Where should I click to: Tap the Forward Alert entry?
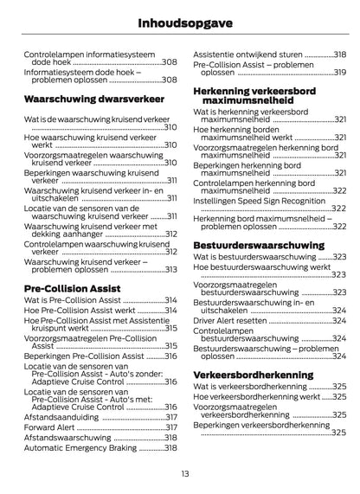(50, 427)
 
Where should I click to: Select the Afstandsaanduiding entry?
(60, 416)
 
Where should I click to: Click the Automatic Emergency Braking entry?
(80, 448)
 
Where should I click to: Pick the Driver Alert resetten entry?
(229, 320)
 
